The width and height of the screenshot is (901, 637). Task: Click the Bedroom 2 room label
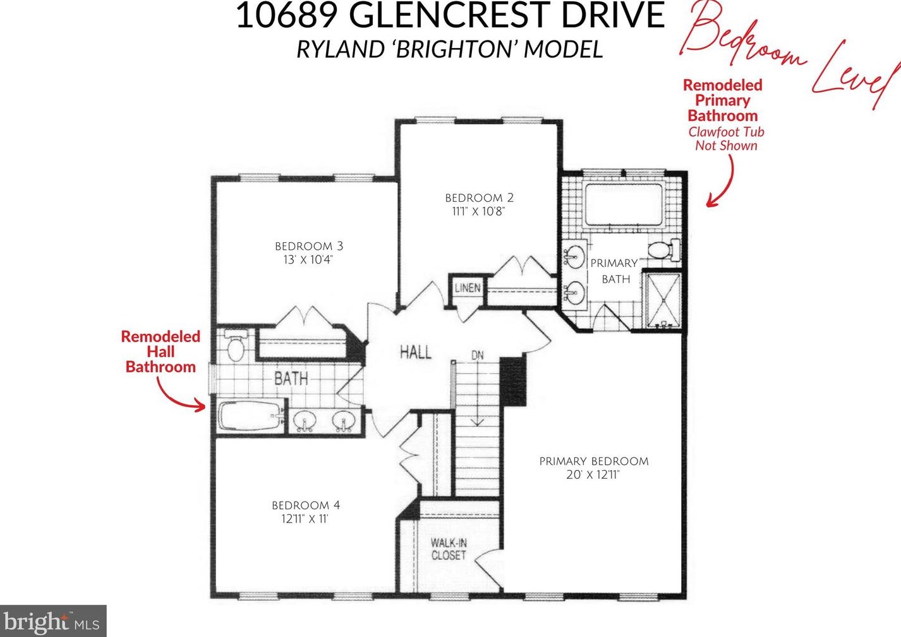click(479, 198)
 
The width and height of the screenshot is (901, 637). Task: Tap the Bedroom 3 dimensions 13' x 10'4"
click(308, 260)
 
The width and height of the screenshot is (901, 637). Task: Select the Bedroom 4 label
click(306, 505)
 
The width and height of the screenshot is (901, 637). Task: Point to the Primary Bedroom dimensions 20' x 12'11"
click(593, 474)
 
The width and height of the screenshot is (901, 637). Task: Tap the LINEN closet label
click(468, 288)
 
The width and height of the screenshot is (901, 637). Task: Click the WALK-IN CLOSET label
click(449, 549)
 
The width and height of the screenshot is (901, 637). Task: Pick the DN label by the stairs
click(478, 355)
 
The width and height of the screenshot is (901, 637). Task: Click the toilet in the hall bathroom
click(234, 345)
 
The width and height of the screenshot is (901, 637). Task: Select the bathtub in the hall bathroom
click(251, 416)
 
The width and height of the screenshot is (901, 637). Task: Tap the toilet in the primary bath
click(663, 249)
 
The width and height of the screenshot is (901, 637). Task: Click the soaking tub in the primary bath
click(622, 204)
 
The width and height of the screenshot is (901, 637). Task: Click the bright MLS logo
click(52, 621)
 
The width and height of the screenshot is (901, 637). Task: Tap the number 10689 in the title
click(286, 15)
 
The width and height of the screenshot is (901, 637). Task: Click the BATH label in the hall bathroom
click(291, 378)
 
